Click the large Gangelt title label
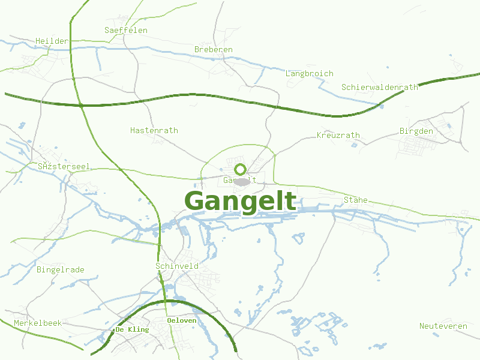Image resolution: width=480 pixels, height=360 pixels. point(240,202)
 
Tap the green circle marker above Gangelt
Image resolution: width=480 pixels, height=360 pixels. point(241,169)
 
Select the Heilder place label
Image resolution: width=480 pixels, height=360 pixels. point(52,41)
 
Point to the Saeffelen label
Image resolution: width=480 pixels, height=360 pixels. point(125,30)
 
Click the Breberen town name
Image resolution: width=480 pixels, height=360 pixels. point(213,49)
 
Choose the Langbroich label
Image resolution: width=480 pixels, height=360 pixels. point(309,74)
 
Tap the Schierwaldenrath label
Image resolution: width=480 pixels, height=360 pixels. point(379,87)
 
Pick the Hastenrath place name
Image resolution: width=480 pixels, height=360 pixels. point(154,130)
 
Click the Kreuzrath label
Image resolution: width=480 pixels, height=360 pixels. point(338,136)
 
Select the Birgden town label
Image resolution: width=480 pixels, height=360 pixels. point(416,131)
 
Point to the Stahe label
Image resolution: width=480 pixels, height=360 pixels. point(355,200)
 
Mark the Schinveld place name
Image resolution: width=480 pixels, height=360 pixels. point(176,266)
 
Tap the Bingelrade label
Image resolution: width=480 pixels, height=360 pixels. point(60,270)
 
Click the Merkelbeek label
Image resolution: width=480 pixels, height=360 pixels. point(38,323)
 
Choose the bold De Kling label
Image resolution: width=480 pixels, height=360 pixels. point(132,329)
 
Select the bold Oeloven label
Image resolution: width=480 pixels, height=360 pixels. point(181,321)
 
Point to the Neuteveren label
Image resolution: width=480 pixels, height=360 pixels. point(443,326)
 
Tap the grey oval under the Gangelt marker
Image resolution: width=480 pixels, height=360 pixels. point(242,182)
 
